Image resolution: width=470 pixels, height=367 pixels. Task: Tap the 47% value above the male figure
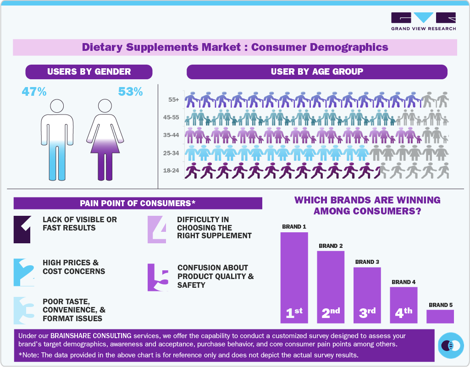(34, 92)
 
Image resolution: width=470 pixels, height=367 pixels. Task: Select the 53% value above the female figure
(130, 92)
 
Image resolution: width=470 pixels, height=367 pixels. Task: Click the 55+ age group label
(173, 99)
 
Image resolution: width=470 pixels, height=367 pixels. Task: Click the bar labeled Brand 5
(440, 317)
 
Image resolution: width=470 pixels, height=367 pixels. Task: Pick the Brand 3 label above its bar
(367, 262)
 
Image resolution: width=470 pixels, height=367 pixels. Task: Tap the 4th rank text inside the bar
(404, 313)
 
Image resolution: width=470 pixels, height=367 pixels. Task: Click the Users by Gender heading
(89, 71)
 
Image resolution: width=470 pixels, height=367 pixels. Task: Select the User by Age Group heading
(317, 71)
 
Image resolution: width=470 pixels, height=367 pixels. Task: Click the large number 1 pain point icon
(22, 229)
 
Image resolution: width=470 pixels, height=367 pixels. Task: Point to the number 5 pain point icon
(157, 278)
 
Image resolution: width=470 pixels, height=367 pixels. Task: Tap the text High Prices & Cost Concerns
(73, 267)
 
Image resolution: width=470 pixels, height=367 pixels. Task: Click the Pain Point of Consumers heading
(138, 203)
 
